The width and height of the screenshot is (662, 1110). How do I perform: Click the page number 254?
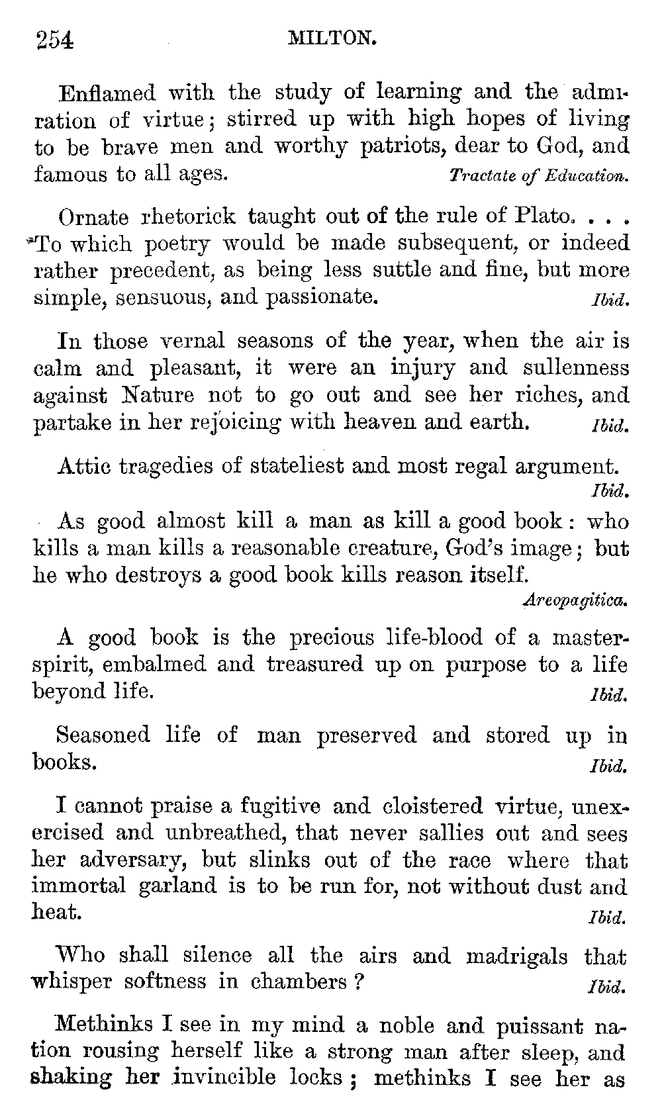pos(54,40)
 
